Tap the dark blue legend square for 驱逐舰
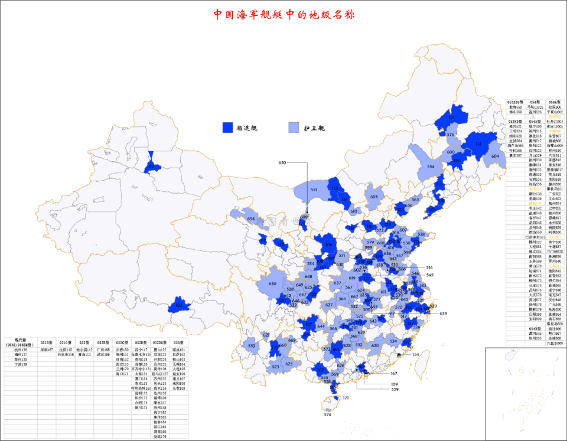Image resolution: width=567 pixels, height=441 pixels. click(227, 128)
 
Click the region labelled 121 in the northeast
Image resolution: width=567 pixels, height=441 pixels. click(452, 117)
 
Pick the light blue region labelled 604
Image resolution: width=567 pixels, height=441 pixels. click(495, 156)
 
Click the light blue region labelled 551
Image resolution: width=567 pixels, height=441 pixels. click(314, 190)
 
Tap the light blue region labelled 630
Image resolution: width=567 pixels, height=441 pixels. click(272, 284)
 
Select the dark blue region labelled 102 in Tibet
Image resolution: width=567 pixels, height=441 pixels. click(179, 305)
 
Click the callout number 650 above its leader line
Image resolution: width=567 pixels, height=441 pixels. click(282, 163)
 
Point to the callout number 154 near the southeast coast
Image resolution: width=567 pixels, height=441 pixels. click(415, 354)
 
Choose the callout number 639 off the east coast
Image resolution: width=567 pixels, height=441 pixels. click(444, 313)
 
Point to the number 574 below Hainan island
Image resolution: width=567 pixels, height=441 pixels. click(327, 414)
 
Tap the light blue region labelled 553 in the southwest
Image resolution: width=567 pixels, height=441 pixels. click(252, 346)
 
